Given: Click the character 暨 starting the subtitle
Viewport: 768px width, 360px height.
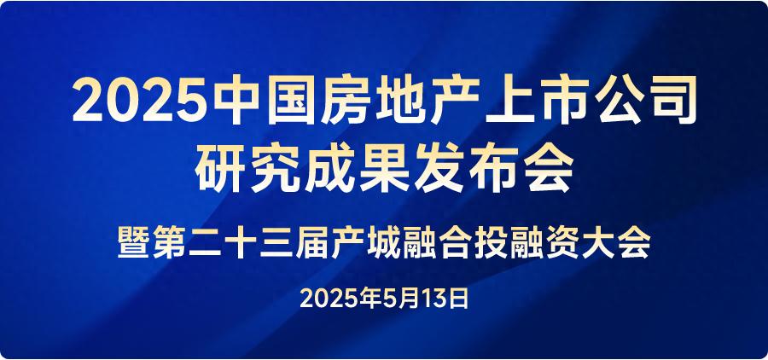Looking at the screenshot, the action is click(133, 243).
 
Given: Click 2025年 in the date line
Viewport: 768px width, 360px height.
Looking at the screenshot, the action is click(340, 298).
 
